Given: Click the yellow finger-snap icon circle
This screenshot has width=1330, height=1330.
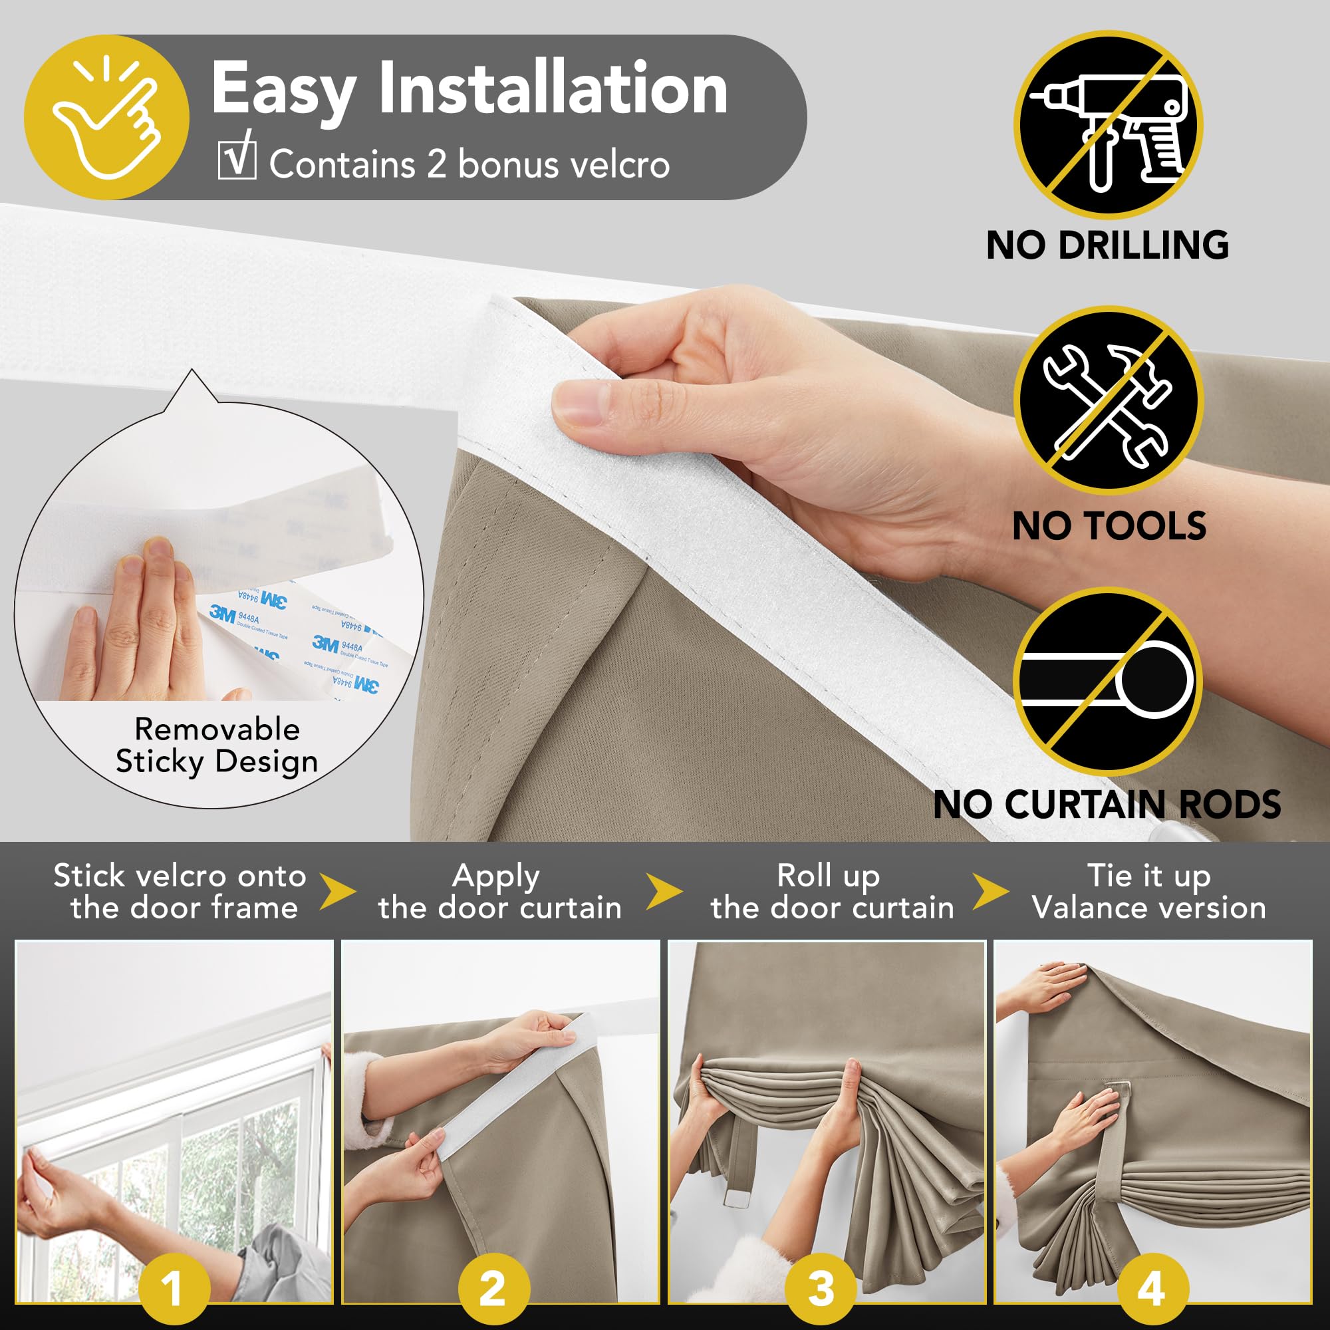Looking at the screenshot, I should (x=106, y=118).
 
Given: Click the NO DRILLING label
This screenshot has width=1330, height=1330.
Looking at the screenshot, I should (x=1108, y=245).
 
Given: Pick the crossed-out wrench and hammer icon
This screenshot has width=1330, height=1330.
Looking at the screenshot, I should (x=1108, y=400).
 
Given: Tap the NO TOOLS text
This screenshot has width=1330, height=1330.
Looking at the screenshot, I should (x=1109, y=526).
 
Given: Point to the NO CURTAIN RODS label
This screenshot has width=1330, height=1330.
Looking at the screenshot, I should (x=1107, y=803).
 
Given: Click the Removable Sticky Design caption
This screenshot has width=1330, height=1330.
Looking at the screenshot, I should (x=217, y=745).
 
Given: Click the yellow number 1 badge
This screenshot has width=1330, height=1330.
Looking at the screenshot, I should (x=174, y=1288).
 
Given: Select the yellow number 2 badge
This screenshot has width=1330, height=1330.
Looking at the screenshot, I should (x=493, y=1288).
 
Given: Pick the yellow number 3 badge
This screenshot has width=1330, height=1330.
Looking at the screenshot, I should (x=821, y=1288).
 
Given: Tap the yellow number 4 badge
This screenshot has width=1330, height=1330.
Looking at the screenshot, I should (x=1152, y=1288).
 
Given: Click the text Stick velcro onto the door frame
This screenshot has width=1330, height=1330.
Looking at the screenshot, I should (x=180, y=892).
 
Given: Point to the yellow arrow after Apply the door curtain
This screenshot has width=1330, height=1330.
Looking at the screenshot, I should (x=664, y=892).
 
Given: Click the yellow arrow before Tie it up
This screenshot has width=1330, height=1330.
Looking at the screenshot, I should (x=991, y=892).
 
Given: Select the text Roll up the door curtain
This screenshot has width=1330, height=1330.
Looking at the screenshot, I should (x=833, y=892).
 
